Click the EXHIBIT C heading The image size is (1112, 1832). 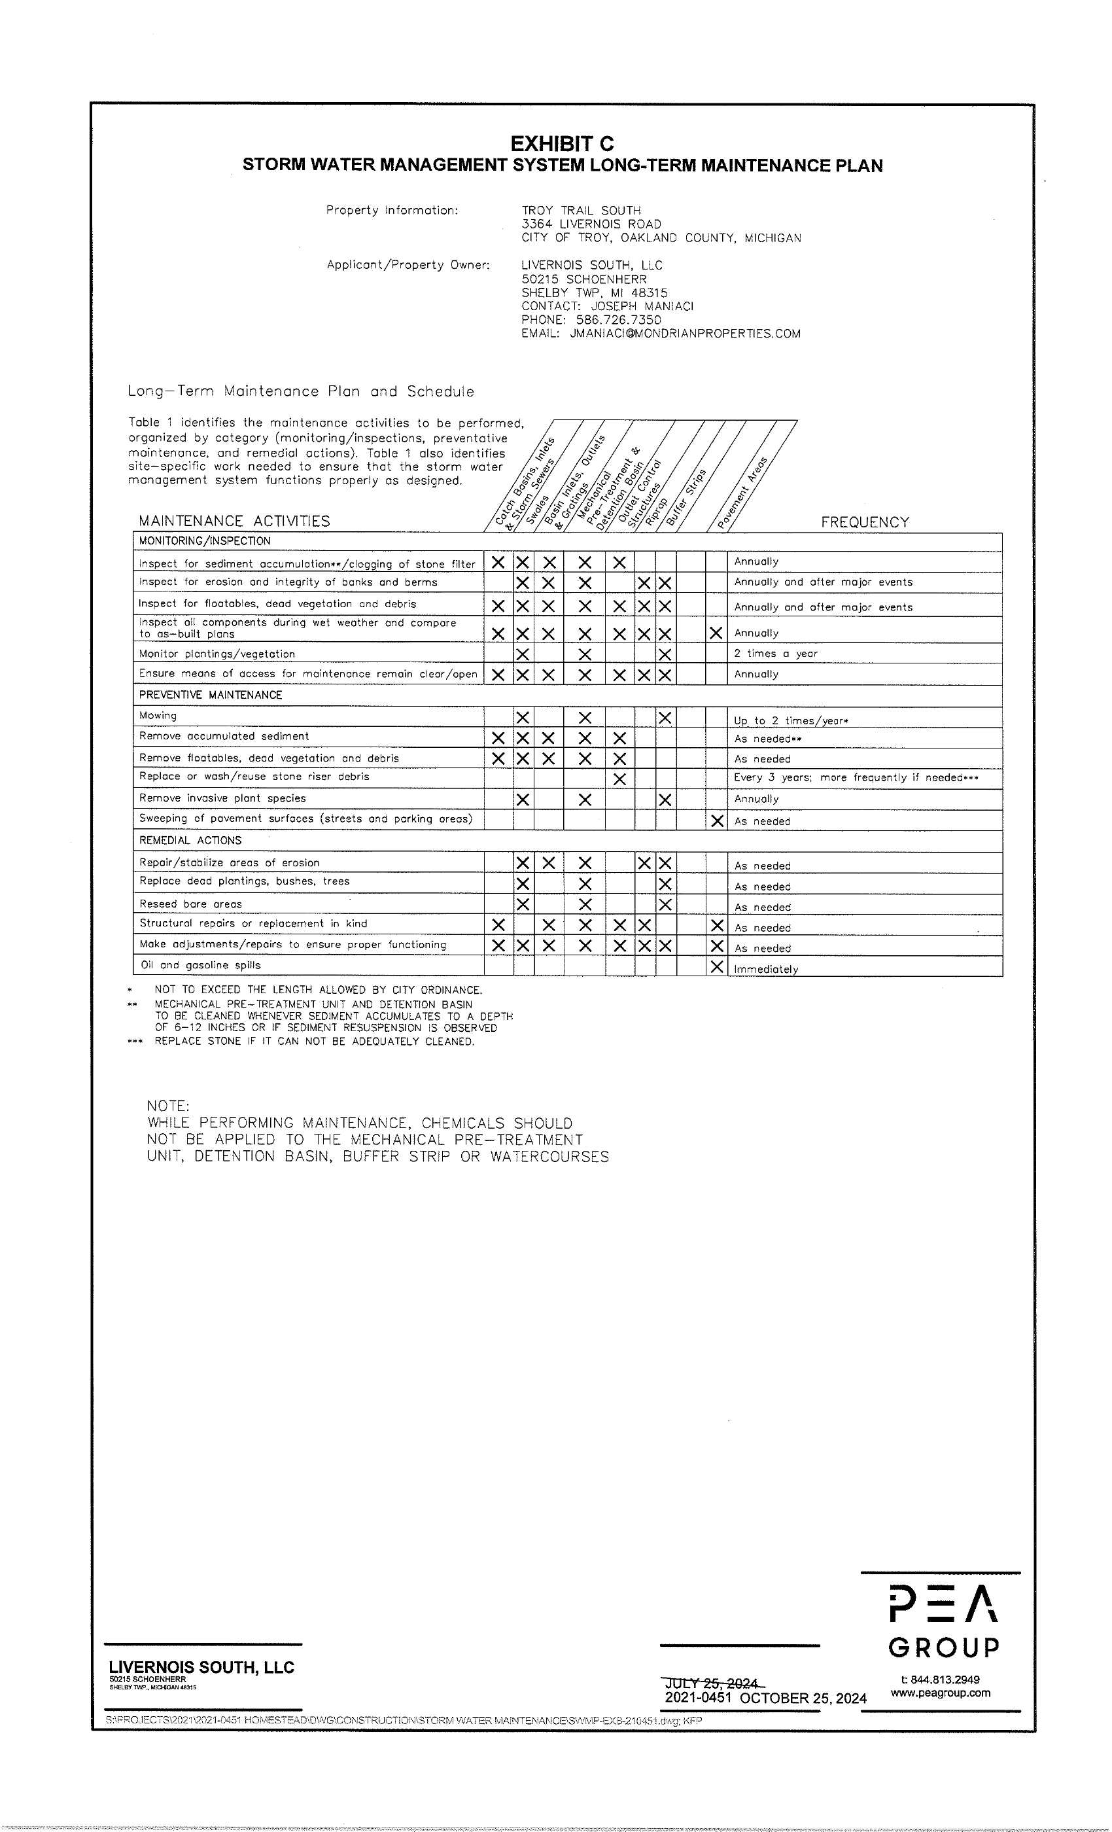[x=562, y=143]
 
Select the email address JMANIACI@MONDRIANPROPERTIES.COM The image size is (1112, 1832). [x=685, y=334]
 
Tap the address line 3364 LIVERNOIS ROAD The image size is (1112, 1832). [x=591, y=224]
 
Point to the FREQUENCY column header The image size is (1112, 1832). [x=865, y=522]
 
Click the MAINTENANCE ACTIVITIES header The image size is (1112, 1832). [x=234, y=521]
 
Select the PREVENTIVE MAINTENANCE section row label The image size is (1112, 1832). [x=211, y=695]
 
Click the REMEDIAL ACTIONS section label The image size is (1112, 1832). [x=190, y=840]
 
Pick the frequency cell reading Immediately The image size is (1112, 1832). [x=765, y=969]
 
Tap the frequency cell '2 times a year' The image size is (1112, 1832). [x=775, y=654]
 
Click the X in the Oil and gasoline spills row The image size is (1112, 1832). [x=716, y=966]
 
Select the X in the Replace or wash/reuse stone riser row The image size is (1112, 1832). [x=620, y=779]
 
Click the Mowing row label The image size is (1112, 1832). [x=158, y=715]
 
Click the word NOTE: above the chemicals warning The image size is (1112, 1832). [x=168, y=1106]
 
